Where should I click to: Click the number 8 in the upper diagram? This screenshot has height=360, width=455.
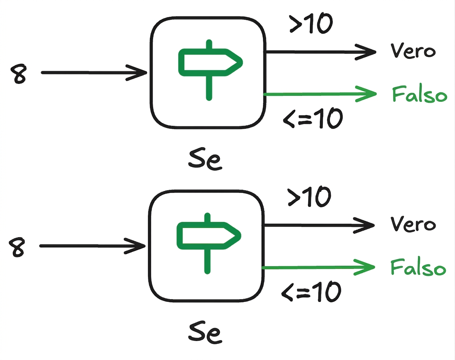[x=18, y=74]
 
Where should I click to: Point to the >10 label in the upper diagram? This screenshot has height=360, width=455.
[x=311, y=24]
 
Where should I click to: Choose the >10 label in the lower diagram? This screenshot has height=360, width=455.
[x=309, y=197]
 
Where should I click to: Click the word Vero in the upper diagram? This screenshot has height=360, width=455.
[x=413, y=51]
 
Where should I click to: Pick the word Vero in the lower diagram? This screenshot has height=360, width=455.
[x=413, y=224]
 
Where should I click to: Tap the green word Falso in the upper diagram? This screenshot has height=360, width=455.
[x=419, y=94]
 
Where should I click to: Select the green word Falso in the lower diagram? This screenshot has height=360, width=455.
[x=418, y=267]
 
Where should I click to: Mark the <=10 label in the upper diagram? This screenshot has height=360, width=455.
[x=313, y=118]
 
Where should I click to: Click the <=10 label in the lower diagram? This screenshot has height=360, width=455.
[x=311, y=291]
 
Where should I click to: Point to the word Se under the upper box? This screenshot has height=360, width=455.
[x=205, y=159]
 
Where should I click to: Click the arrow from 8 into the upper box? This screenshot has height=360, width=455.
[x=94, y=73]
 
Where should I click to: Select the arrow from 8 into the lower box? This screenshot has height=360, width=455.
[x=92, y=246]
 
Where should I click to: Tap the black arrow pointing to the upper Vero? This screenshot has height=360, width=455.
[x=321, y=52]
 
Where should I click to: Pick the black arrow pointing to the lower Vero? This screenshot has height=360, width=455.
[x=319, y=225]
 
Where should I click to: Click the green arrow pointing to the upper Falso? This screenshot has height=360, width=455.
[x=320, y=94]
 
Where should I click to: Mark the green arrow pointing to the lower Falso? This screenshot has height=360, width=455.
[x=318, y=267]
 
